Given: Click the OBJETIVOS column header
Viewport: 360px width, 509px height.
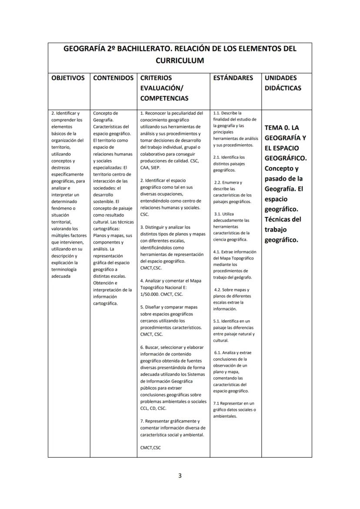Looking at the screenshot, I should click(68, 78).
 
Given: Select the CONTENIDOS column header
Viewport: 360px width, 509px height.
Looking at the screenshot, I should click(113, 78).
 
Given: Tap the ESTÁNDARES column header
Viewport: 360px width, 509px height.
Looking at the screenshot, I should click(233, 78).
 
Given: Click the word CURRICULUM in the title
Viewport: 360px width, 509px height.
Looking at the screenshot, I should click(180, 60).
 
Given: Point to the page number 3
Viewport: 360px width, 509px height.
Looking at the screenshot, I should click(180, 475).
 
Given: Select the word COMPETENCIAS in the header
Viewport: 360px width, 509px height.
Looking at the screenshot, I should click(164, 98).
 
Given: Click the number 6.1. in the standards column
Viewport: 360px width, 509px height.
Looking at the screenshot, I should click(218, 353).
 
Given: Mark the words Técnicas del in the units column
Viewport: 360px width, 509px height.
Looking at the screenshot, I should click(283, 219).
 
